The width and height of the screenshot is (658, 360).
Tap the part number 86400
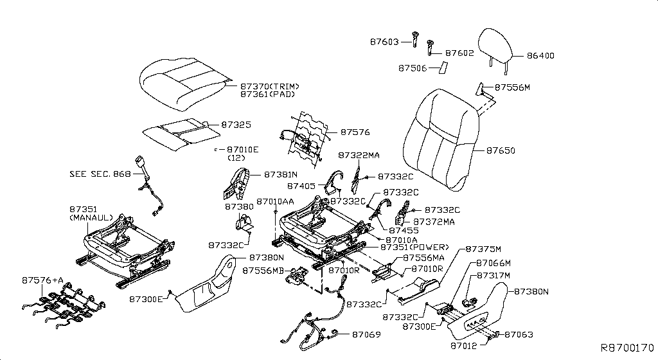[x=540, y=56]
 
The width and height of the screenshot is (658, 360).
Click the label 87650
[x=501, y=150]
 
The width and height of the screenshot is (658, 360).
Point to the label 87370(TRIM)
[x=270, y=86]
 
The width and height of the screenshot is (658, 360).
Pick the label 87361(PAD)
[x=267, y=94]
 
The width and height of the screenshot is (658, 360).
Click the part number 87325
[x=236, y=125]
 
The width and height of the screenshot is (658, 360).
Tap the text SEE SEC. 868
[x=100, y=174]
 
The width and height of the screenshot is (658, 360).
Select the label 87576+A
[x=43, y=280]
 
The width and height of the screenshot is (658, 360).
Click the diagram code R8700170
[x=627, y=348]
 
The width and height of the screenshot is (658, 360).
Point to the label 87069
[x=366, y=334]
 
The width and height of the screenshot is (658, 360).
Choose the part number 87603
[x=385, y=42]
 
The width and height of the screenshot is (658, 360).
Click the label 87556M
[x=512, y=87]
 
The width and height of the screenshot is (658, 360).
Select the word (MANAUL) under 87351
[x=91, y=217]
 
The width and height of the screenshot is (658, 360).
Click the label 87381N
[x=280, y=174]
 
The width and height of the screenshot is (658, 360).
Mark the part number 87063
[x=519, y=334]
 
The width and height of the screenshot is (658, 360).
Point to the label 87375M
[x=483, y=249]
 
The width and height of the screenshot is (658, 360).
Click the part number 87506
[x=413, y=67]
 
